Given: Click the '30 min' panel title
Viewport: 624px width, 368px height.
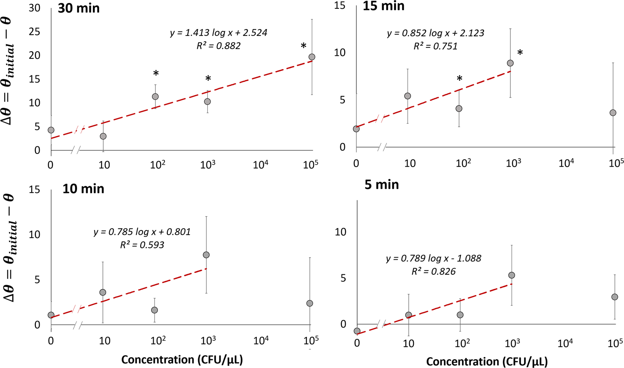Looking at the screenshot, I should [79, 8].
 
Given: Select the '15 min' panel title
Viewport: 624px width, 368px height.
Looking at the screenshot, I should [383, 6].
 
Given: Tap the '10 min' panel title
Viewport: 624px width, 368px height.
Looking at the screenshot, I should [83, 189].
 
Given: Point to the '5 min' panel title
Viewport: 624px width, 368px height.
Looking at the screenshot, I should [382, 185].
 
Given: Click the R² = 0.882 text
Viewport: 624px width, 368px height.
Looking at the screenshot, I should [219, 46].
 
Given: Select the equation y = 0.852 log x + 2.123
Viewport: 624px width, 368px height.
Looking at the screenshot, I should [435, 33].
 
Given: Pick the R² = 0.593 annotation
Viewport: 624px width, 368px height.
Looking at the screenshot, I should [142, 245].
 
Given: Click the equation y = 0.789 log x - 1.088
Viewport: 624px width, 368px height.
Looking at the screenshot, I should [433, 258].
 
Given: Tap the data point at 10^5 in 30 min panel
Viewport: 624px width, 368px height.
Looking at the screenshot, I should [312, 57].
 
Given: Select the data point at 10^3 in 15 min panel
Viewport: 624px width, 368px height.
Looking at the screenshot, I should [510, 63].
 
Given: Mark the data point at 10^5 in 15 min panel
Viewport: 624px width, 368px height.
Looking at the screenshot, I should [613, 113].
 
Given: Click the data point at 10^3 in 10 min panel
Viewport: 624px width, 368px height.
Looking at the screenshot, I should [206, 255].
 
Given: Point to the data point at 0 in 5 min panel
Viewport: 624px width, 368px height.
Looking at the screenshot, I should [357, 331].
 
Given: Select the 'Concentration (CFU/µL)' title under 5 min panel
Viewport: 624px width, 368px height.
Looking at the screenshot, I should [487, 361].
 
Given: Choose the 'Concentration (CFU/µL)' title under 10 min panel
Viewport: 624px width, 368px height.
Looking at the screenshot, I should [182, 359].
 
